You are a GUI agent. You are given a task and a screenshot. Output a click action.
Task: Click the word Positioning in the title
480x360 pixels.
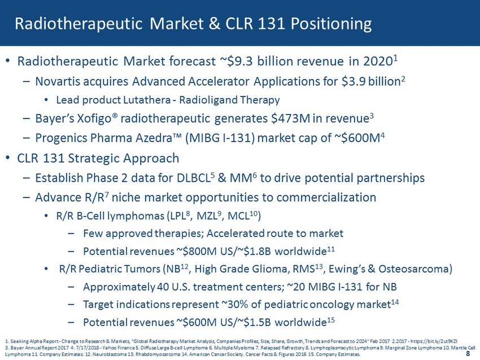pyautogui.click(x=331, y=24)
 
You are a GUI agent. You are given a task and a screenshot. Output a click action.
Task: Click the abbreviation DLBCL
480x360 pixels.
pyautogui.click(x=194, y=178)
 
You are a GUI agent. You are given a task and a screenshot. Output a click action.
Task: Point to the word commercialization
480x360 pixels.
pyautogui.click(x=326, y=197)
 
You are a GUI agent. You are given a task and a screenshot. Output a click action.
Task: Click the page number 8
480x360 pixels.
pyautogui.click(x=468, y=354)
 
